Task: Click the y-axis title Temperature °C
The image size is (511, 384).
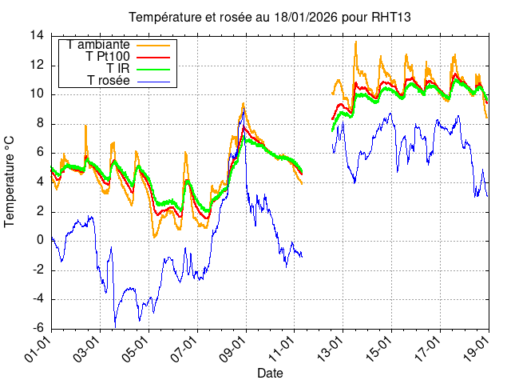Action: [x=10, y=181]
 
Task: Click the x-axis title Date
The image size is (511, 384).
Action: [x=269, y=373]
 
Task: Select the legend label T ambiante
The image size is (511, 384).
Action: [x=99, y=45]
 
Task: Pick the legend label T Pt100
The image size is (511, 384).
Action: [x=108, y=57]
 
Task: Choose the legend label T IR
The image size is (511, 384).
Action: [x=118, y=69]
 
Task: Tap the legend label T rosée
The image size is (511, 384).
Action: [x=109, y=81]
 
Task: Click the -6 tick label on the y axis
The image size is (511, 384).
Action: [x=37, y=328]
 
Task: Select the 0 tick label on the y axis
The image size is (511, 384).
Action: [x=41, y=240]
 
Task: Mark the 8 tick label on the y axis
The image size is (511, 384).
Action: [x=41, y=123]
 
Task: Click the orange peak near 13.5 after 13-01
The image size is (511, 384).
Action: [x=356, y=42]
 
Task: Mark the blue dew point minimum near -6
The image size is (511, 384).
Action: [x=115, y=326]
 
